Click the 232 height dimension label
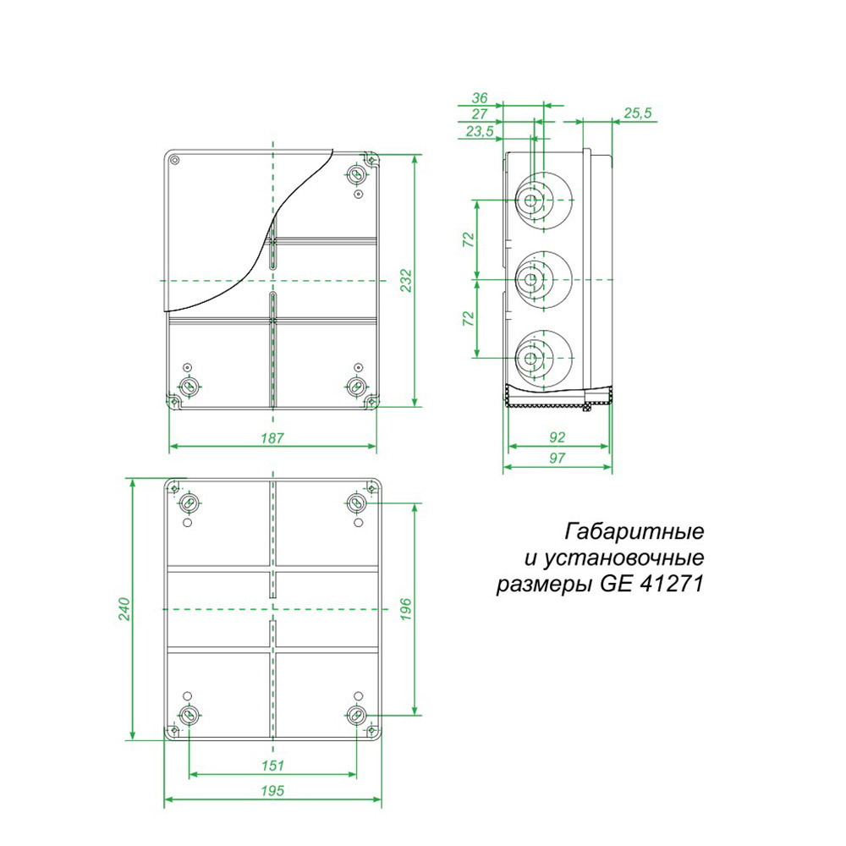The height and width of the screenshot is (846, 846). (406, 281)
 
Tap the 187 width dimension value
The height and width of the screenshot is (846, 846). (272, 438)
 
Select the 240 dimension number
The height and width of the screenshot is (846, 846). (124, 608)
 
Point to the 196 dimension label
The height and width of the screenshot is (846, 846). (406, 608)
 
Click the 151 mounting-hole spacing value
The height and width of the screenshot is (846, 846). (272, 765)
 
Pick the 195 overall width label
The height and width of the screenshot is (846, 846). (272, 790)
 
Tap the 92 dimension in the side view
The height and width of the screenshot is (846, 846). (557, 437)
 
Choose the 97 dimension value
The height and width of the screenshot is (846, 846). (557, 458)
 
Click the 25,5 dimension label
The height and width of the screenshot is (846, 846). (638, 113)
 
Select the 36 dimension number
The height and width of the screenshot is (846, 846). (479, 97)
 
